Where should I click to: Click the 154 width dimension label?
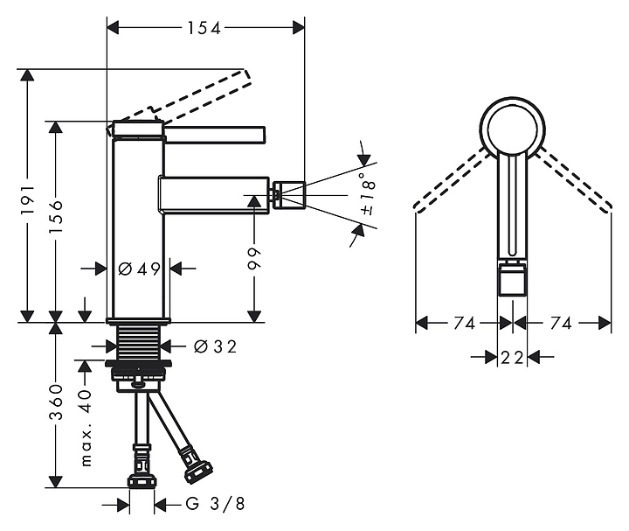[204, 28]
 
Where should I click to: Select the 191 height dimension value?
[28, 199]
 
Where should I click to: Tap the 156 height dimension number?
[56, 216]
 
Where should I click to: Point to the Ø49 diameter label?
[139, 269]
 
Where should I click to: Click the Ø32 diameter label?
[215, 346]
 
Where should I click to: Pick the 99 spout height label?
[254, 259]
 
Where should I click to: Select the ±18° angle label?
[368, 194]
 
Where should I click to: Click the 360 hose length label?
[56, 402]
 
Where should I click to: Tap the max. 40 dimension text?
[86, 428]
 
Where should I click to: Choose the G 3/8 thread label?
[215, 504]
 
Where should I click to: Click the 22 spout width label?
[512, 357]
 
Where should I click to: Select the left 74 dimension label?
[465, 323]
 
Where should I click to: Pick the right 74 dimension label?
[561, 323]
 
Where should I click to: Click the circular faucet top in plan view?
[512, 127]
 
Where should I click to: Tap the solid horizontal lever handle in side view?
[214, 135]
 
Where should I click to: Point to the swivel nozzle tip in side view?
[289, 195]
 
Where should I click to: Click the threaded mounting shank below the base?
[139, 341]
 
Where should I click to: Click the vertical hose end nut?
[142, 481]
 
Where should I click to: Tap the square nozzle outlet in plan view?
[512, 280]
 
